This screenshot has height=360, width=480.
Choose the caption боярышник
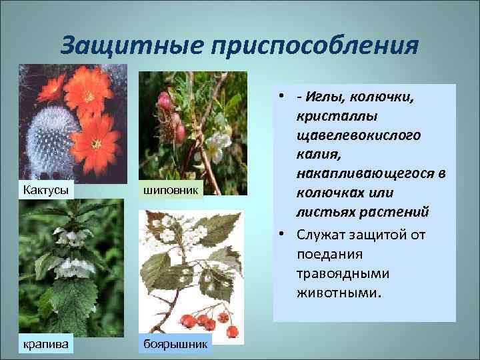(x=175, y=344)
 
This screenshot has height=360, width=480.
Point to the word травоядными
(x=343, y=273)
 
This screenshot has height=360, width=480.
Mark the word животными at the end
(x=339, y=293)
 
